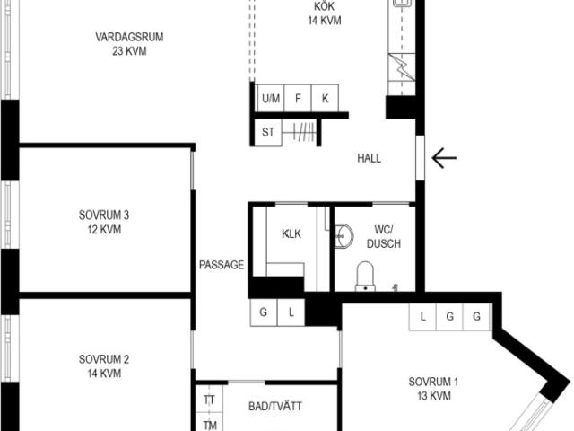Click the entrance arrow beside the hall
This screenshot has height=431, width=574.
[x=444, y=158]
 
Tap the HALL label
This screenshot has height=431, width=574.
[x=369, y=158]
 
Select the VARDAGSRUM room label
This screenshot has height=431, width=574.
[x=129, y=37]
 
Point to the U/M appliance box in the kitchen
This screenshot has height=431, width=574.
[x=271, y=98]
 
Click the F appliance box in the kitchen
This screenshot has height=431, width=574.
[x=298, y=98]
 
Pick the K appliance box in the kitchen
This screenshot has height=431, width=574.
[x=325, y=98]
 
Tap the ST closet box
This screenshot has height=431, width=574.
[x=268, y=132]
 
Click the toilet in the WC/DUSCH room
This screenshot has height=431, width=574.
[x=365, y=277]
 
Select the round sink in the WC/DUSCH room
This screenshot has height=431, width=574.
[x=344, y=236]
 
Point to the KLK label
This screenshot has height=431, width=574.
[x=291, y=233]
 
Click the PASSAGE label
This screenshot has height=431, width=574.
[x=222, y=265]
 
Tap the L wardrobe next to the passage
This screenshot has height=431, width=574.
[x=291, y=312]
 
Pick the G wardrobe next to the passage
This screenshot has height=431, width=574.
[x=264, y=312]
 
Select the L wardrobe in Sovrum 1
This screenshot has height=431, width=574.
[x=422, y=317]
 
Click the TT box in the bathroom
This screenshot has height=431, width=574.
[x=209, y=399]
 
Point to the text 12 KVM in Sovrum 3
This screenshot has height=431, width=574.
[x=104, y=230]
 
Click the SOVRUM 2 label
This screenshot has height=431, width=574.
[x=104, y=359]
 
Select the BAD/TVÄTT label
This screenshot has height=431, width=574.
[x=275, y=406]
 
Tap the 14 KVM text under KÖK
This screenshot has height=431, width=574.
[x=325, y=21]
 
